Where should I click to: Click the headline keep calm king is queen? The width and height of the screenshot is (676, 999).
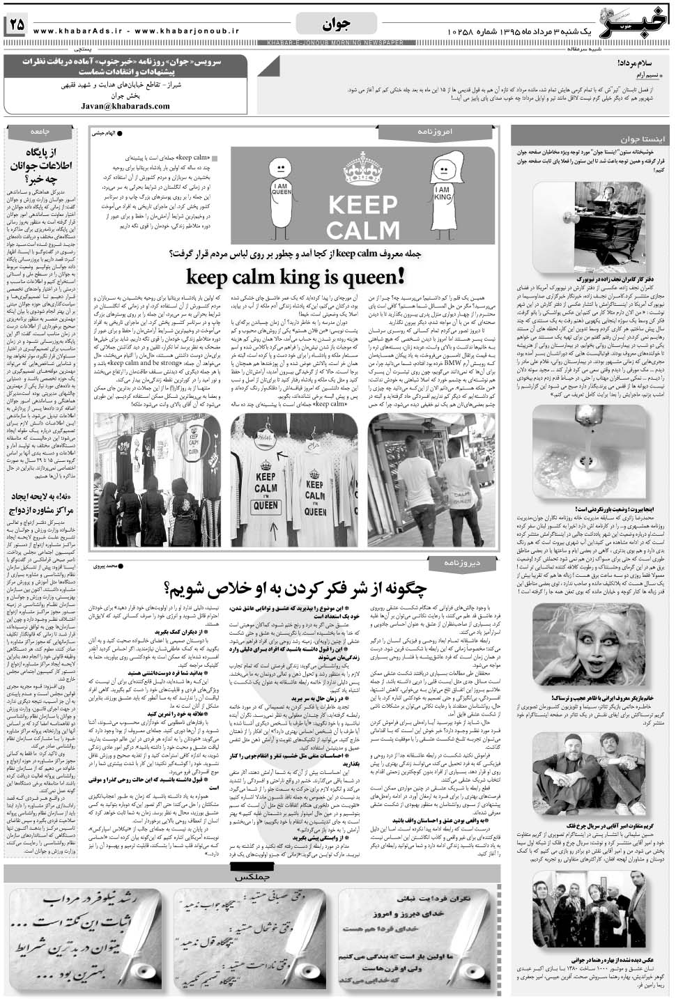[x=293, y=277]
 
